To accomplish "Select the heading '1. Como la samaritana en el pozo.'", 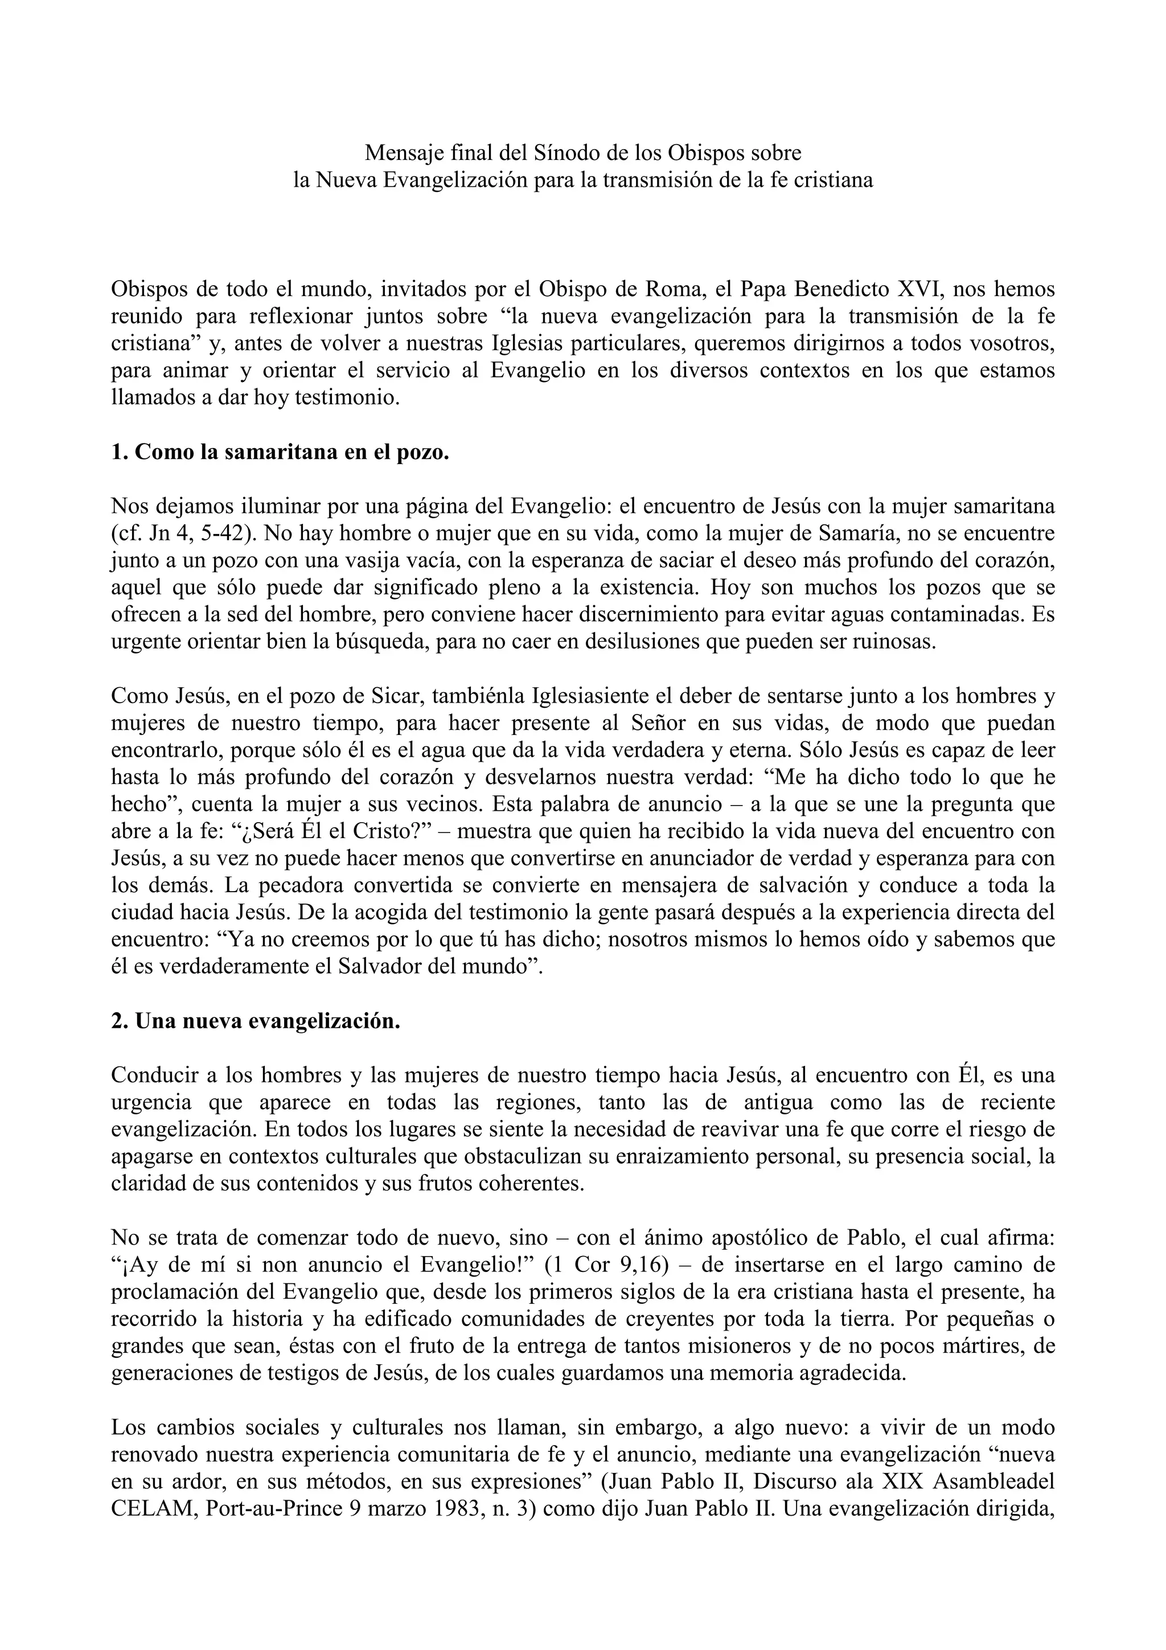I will point(280,452).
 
